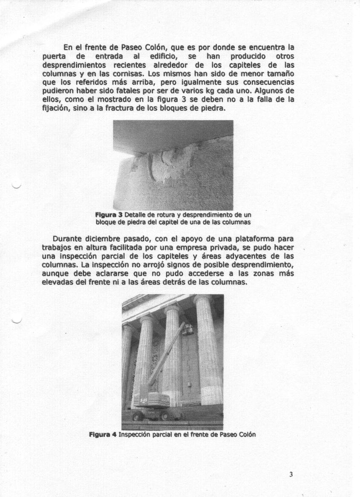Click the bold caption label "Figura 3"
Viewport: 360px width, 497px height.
109,215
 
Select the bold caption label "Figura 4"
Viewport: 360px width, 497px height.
103,435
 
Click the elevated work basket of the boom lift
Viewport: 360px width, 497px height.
187,329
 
